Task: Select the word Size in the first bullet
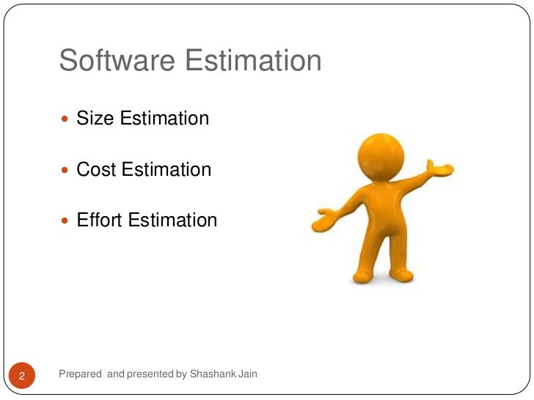(92, 118)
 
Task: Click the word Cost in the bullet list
(97, 169)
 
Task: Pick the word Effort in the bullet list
(99, 220)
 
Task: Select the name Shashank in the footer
(213, 374)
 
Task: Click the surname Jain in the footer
(248, 374)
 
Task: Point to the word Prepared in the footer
(80, 374)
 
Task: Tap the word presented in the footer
(151, 374)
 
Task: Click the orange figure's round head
(381, 153)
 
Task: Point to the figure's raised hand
(440, 168)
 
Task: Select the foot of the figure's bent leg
(402, 275)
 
